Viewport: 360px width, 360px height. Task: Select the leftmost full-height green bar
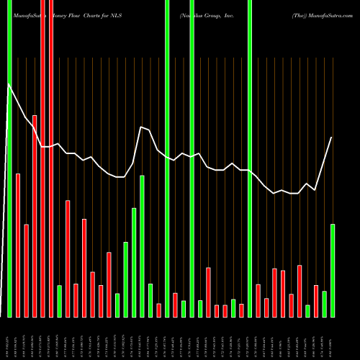9,158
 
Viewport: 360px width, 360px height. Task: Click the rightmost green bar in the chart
333,270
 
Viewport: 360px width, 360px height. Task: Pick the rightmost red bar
316,301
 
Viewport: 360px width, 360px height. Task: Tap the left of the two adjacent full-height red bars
42,158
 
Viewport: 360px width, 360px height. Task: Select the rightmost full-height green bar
250,158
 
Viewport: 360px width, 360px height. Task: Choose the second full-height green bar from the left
167,158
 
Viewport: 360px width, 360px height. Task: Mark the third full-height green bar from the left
192,158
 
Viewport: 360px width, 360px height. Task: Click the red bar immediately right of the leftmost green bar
18,245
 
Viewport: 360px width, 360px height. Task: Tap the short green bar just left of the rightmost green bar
325,304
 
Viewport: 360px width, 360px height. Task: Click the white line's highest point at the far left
9,84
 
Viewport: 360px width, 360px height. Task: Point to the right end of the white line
332,138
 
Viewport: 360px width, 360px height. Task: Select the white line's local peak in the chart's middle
141,127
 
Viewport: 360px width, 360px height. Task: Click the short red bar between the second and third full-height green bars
175,305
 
